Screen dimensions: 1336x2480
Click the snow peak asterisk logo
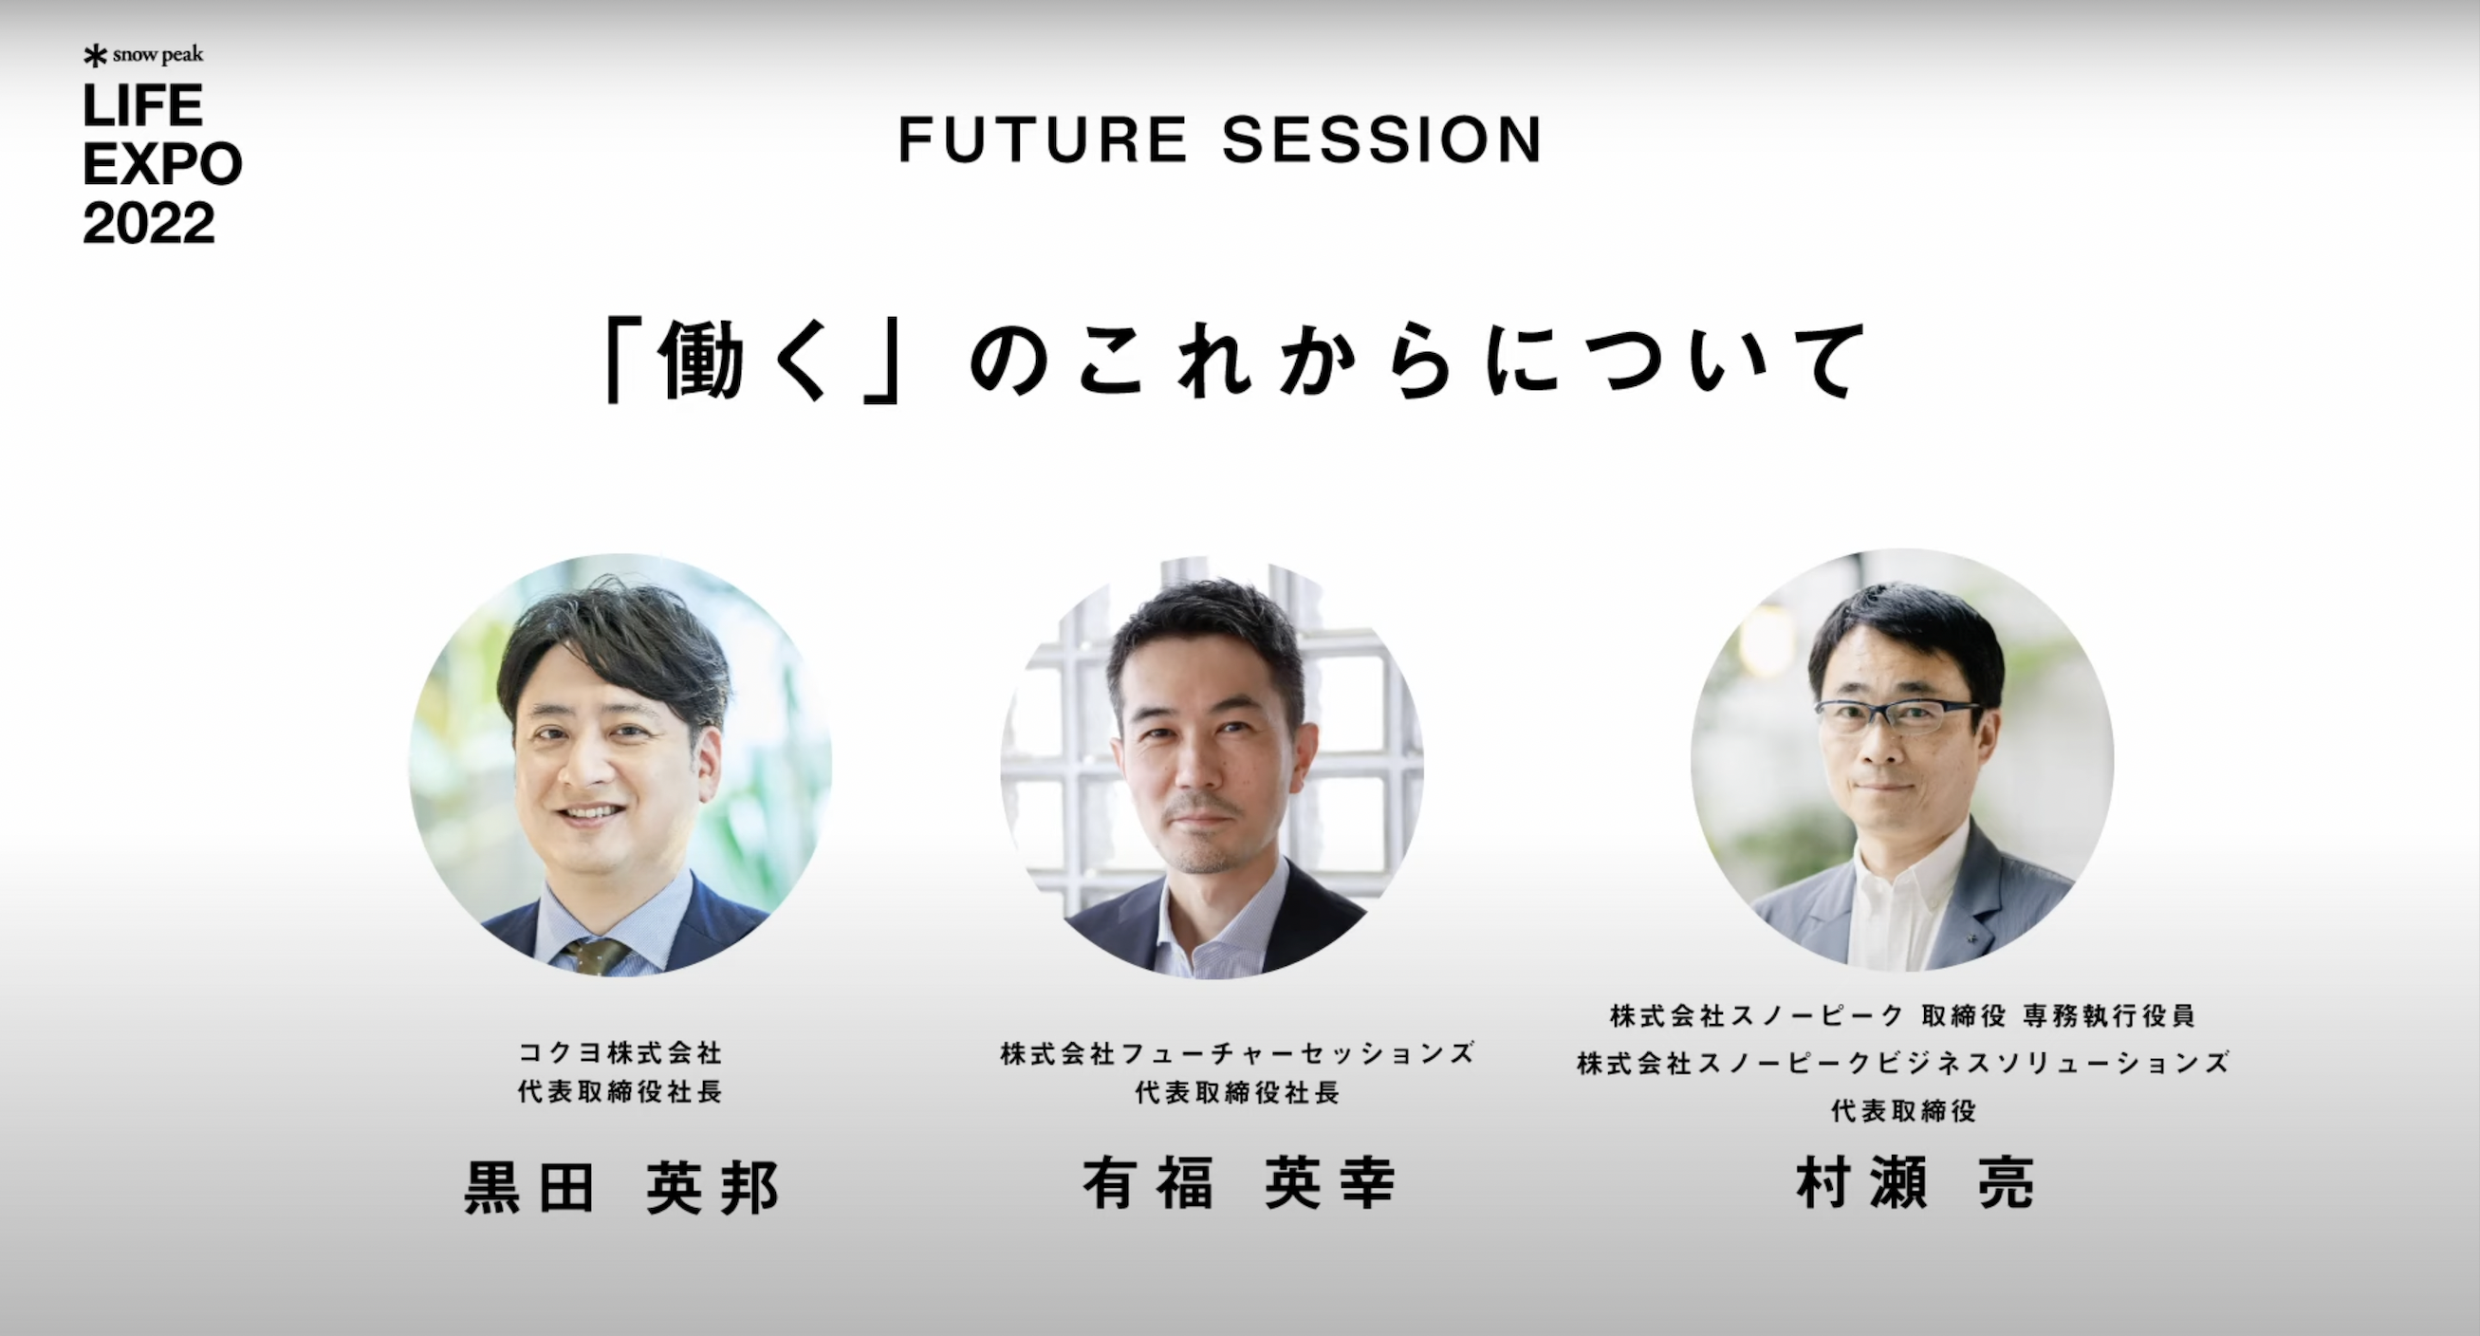pos(94,56)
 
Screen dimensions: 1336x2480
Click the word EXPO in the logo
pos(161,164)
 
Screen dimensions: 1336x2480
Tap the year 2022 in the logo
pos(148,224)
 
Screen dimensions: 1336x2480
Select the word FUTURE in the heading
pos(1043,140)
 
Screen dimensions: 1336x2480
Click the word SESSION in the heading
pos(1382,140)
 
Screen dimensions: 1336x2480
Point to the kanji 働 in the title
pos(702,361)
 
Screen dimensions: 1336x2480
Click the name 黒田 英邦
pos(621,1188)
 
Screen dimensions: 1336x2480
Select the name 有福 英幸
pos(1239,1184)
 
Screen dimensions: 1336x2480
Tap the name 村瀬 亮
pos(1915,1184)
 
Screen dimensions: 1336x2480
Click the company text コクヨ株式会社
pos(620,1053)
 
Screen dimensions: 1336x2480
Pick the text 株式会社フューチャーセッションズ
pos(1238,1054)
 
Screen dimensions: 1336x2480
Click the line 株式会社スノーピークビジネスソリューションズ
pos(1903,1064)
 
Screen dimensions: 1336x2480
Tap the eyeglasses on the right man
pos(1895,715)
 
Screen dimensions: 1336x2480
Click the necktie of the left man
pos(596,955)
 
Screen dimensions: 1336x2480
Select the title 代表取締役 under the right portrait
pos(1903,1112)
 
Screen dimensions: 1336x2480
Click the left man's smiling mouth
pos(589,813)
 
